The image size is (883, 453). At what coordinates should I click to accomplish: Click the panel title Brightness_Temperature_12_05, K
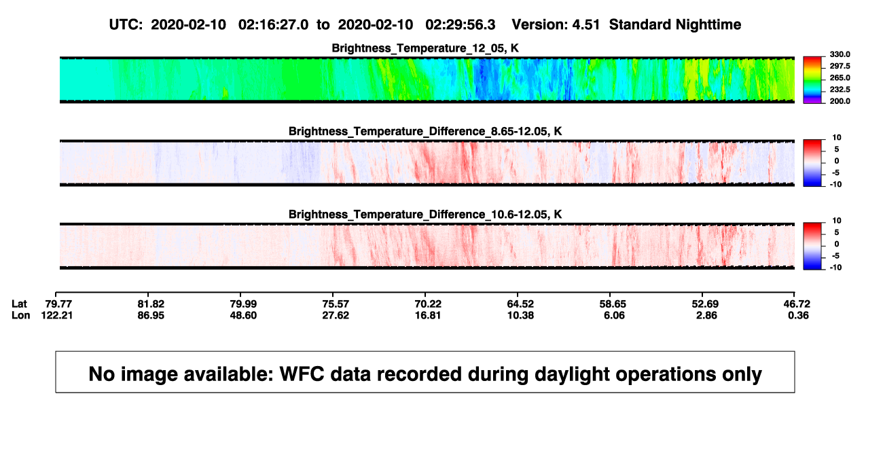425,48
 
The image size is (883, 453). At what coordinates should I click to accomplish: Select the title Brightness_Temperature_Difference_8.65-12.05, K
425,131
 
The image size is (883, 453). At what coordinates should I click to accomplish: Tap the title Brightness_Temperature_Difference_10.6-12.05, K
425,215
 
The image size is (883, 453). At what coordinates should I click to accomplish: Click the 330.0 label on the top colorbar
840,54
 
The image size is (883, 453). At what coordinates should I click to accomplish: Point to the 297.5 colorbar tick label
840,66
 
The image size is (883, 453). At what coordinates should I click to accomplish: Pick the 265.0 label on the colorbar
840,77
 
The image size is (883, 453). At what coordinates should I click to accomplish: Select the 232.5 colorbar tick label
840,90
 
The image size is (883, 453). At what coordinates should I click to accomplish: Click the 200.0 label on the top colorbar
840,101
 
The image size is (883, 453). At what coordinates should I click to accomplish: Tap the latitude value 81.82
151,304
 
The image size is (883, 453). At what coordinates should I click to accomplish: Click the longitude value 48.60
243,315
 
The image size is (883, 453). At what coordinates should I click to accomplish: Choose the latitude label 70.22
428,304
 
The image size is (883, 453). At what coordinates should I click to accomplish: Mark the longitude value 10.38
520,315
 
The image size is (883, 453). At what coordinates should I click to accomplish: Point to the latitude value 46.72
797,304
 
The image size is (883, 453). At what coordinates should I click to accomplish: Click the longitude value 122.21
57,315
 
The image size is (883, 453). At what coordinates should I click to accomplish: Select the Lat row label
19,304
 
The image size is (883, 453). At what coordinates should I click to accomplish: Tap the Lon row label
20,315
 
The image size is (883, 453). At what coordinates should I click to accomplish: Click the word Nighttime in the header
708,25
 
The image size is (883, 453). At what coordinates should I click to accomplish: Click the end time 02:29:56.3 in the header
460,25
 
